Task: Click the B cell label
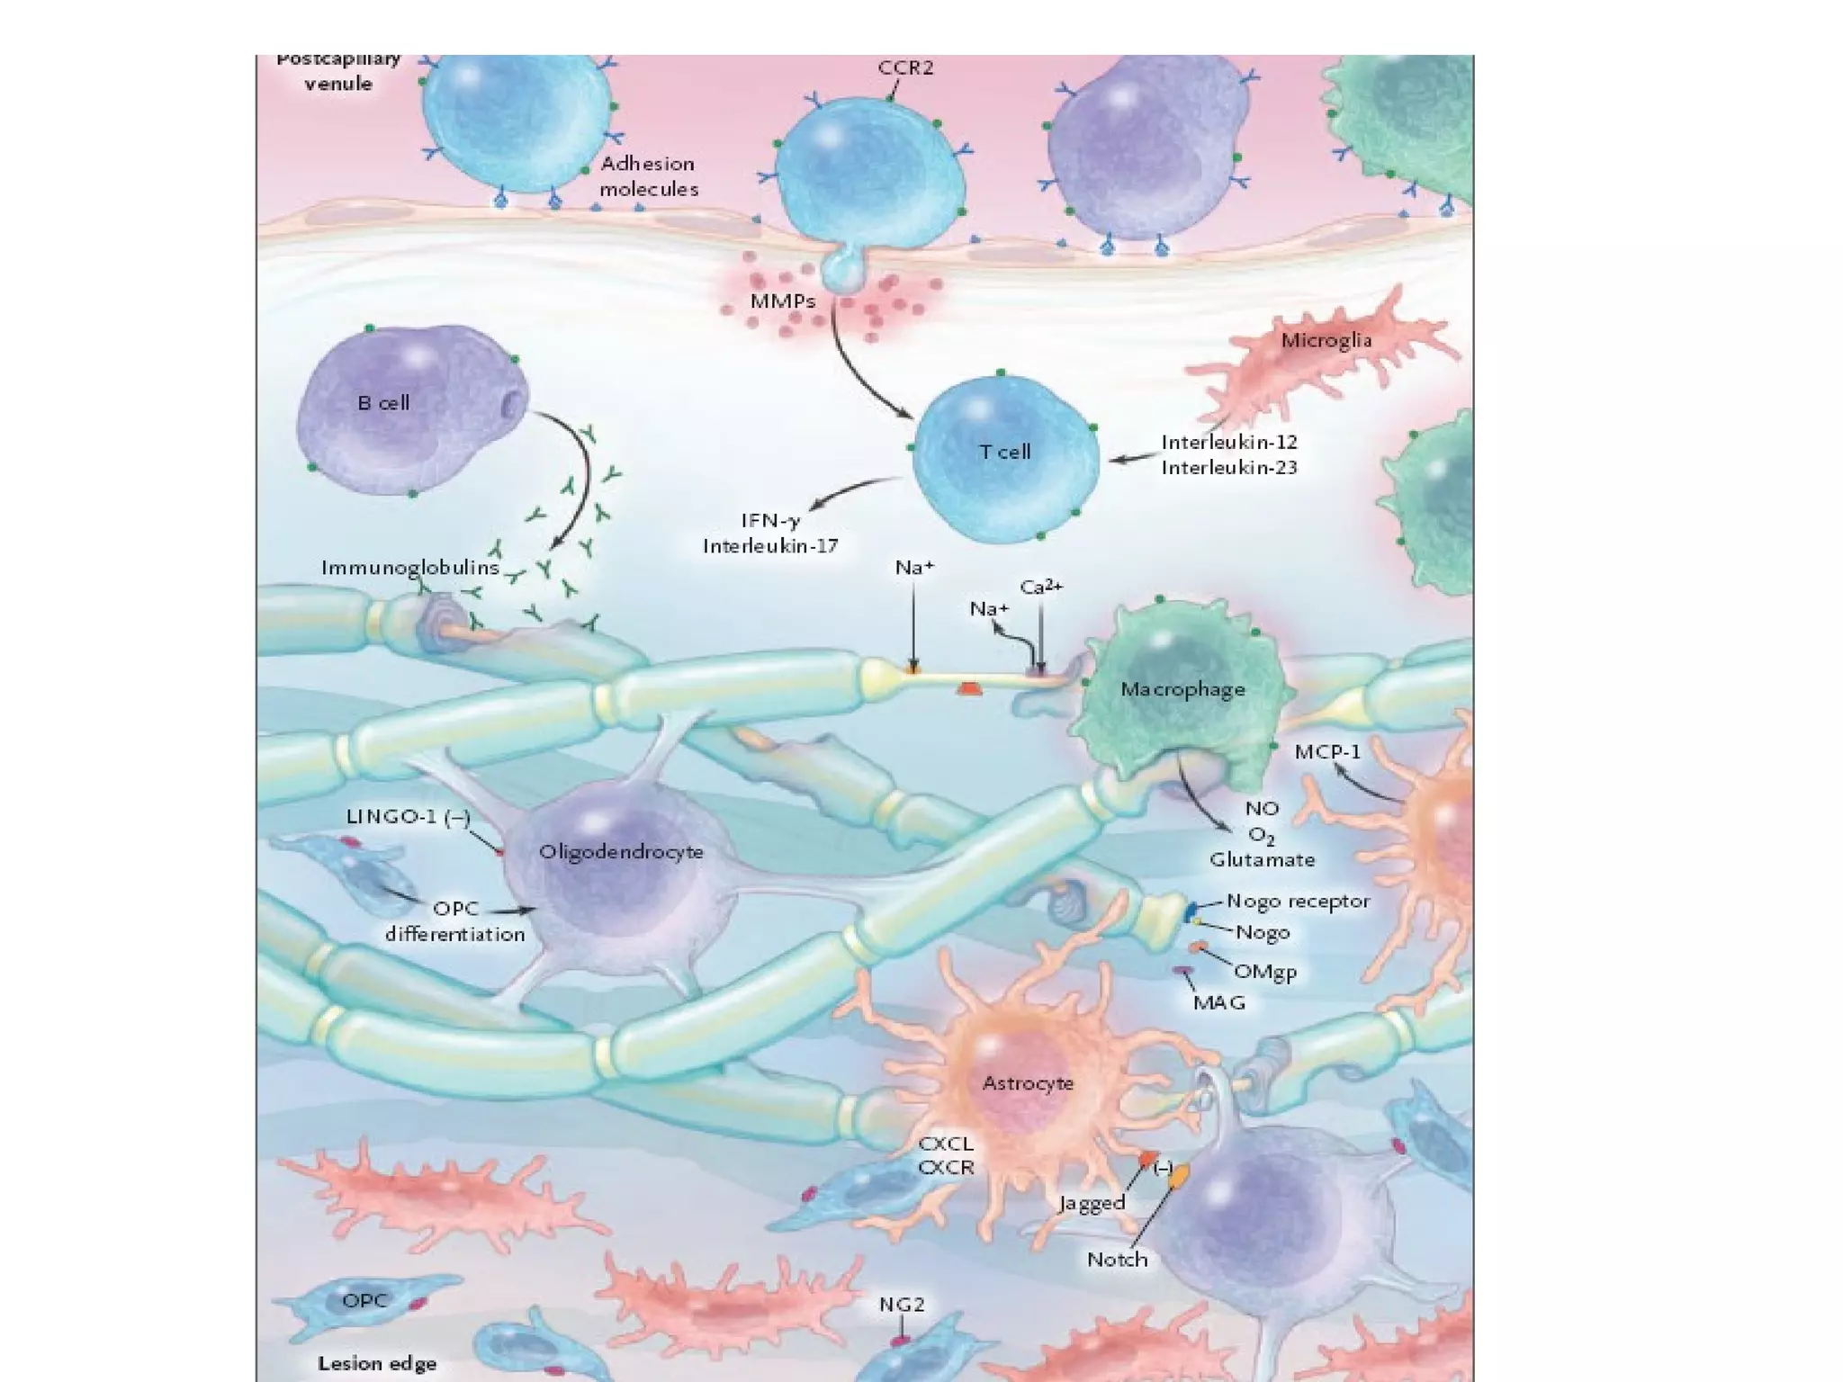[383, 403]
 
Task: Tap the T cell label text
[1004, 452]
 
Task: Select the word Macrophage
[1182, 690]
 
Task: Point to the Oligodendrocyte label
[621, 852]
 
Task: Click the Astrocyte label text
[1028, 1083]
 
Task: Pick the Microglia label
[1326, 340]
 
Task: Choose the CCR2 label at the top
[905, 67]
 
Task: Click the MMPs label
[783, 301]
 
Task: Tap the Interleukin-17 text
[770, 546]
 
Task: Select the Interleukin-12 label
[1229, 443]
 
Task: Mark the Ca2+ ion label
[1041, 588]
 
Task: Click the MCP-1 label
[1327, 751]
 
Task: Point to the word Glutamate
[1262, 860]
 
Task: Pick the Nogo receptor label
[1298, 902]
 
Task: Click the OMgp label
[1264, 972]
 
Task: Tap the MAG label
[1218, 1002]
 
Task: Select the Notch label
[1117, 1260]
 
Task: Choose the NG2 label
[902, 1305]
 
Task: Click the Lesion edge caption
[377, 1364]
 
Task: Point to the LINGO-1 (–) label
[408, 817]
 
